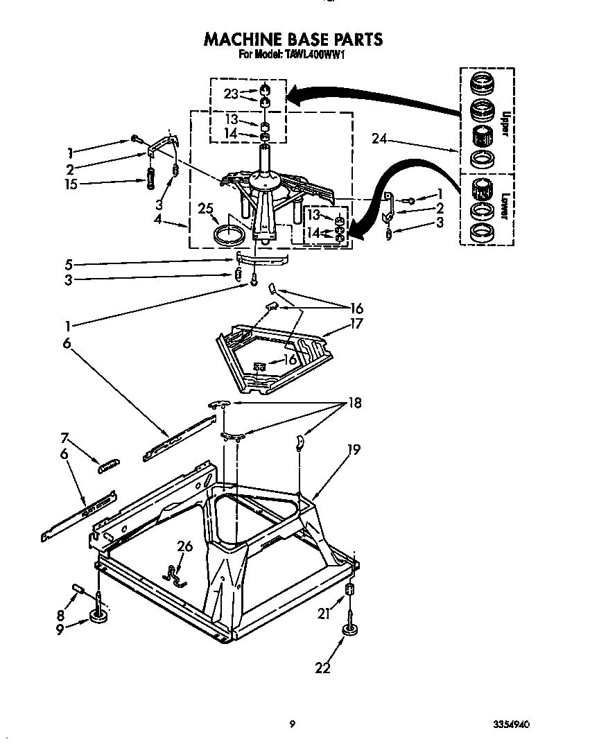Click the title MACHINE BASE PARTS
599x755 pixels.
[293, 39]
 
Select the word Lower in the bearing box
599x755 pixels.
[505, 206]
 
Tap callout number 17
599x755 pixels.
[356, 323]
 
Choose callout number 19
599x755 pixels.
[353, 450]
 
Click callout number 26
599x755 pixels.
[184, 547]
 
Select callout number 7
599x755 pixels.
[65, 437]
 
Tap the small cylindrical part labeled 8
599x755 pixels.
[78, 590]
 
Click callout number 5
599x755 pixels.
[68, 264]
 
